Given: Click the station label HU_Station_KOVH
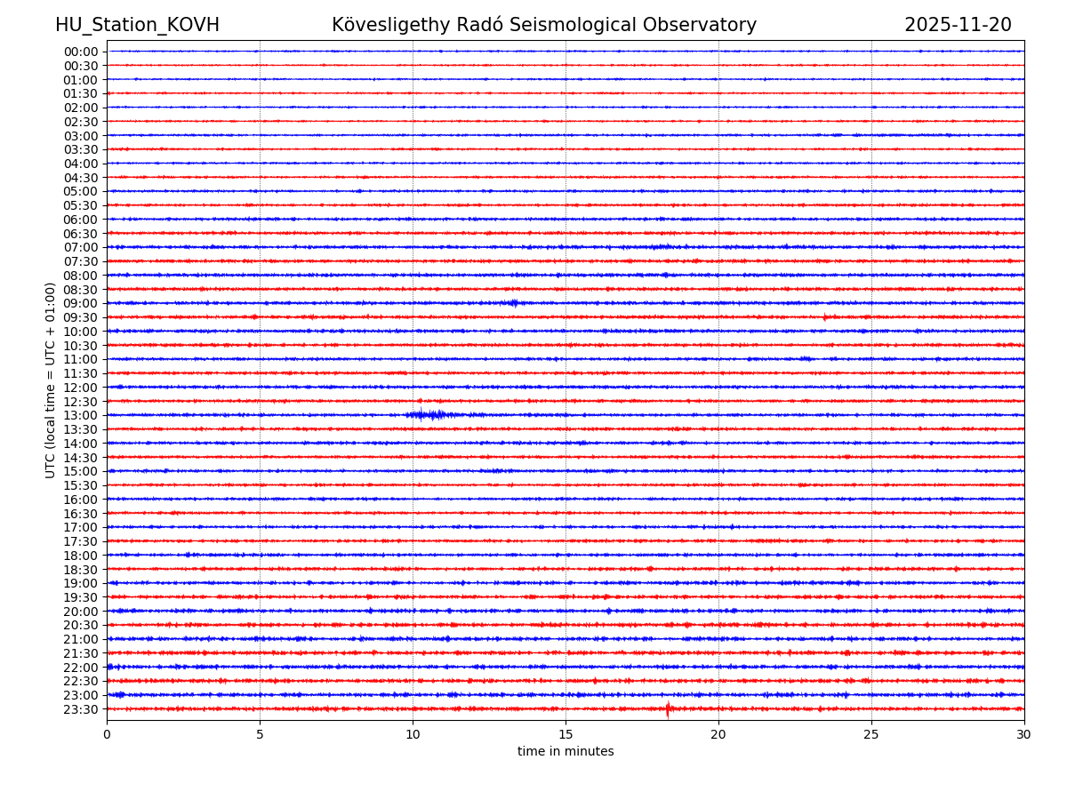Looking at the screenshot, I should click(137, 26).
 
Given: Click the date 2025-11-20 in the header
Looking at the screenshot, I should click(958, 26).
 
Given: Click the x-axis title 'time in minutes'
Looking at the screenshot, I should click(566, 752).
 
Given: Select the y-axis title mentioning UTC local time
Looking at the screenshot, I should click(51, 380).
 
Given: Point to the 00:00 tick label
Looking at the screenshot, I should click(81, 52).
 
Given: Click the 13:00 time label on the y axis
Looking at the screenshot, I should click(81, 415).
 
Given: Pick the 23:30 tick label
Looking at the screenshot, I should click(81, 709).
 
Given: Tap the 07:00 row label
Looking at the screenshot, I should click(81, 247).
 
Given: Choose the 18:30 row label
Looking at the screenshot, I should click(81, 569).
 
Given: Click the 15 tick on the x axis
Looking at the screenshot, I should click(566, 735).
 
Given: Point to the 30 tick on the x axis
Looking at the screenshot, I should click(1024, 735).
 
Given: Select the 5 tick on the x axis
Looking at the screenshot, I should click(260, 735).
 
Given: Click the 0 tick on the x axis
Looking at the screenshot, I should click(107, 735).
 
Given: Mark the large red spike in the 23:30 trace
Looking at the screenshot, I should click(668, 708).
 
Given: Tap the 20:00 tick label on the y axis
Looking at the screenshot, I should click(81, 612).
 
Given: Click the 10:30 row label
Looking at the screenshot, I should click(81, 345).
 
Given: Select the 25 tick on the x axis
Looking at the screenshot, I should click(871, 735).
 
